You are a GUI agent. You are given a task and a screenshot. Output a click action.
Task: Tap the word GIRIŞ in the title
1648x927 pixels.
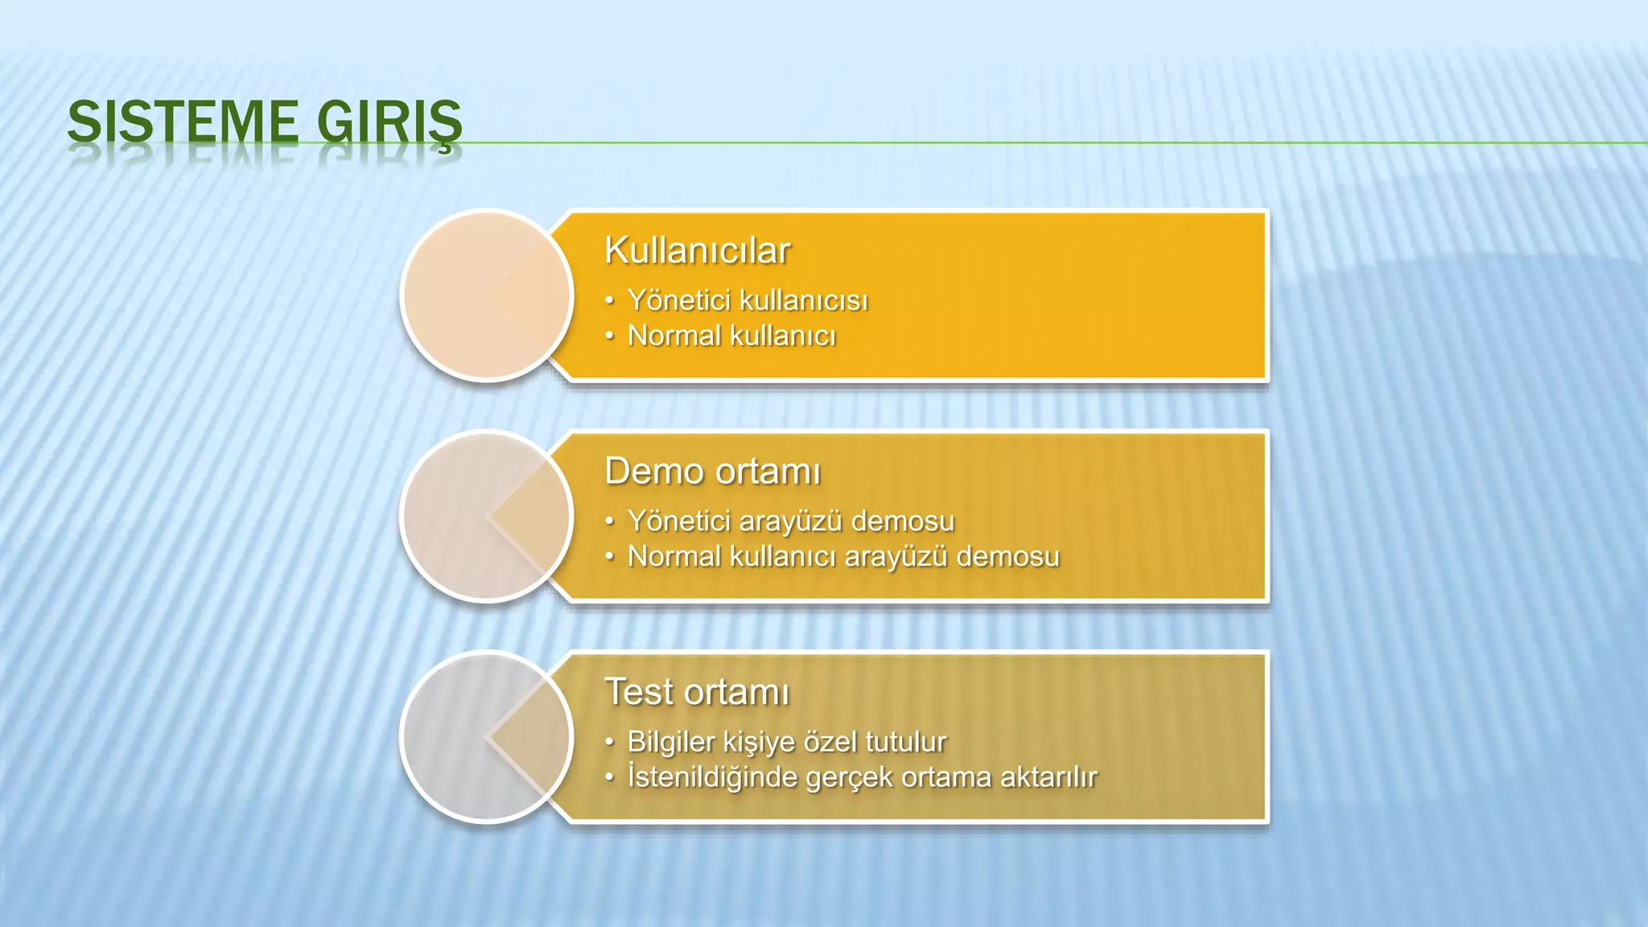389,122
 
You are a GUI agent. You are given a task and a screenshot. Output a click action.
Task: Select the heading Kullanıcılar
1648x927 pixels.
697,250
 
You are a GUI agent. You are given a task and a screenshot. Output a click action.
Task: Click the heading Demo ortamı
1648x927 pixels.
712,471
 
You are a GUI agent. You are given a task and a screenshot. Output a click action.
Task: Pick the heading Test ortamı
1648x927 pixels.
697,692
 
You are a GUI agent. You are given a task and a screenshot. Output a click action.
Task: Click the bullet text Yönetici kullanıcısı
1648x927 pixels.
748,300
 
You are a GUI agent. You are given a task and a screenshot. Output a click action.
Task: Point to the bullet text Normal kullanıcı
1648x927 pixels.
731,336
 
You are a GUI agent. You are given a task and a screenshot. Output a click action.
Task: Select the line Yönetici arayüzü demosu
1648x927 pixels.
790,521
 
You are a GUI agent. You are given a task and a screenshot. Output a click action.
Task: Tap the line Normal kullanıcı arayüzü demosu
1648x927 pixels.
843,556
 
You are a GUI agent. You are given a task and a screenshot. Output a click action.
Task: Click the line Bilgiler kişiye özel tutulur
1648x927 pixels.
786,741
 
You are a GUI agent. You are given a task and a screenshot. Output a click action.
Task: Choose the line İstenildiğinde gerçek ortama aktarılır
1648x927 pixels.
862,777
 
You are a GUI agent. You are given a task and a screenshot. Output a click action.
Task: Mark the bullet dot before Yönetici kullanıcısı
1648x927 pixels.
610,301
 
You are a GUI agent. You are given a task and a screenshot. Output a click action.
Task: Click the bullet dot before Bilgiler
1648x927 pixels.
610,742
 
